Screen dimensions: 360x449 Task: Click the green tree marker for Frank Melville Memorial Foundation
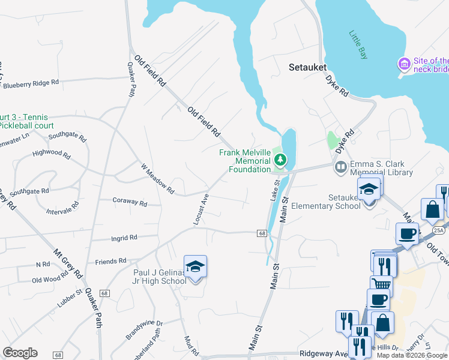pyautogui.click(x=279, y=160)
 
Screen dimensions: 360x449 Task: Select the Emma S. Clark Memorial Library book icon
pyautogui.click(x=340, y=167)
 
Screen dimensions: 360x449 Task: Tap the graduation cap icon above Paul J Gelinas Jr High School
pyautogui.click(x=195, y=266)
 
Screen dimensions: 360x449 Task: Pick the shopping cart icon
pyautogui.click(x=381, y=284)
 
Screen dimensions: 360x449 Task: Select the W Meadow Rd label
pyautogui.click(x=157, y=179)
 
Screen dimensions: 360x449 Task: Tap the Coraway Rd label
pyautogui.click(x=130, y=203)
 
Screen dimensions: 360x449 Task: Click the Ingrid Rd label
pyautogui.click(x=124, y=238)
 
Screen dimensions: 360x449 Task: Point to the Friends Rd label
pyautogui.click(x=110, y=262)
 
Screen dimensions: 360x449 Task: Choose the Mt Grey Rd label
pyautogui.click(x=67, y=264)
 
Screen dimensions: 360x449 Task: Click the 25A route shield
pyautogui.click(x=439, y=230)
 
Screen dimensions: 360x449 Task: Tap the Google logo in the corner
pyautogui.click(x=20, y=352)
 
